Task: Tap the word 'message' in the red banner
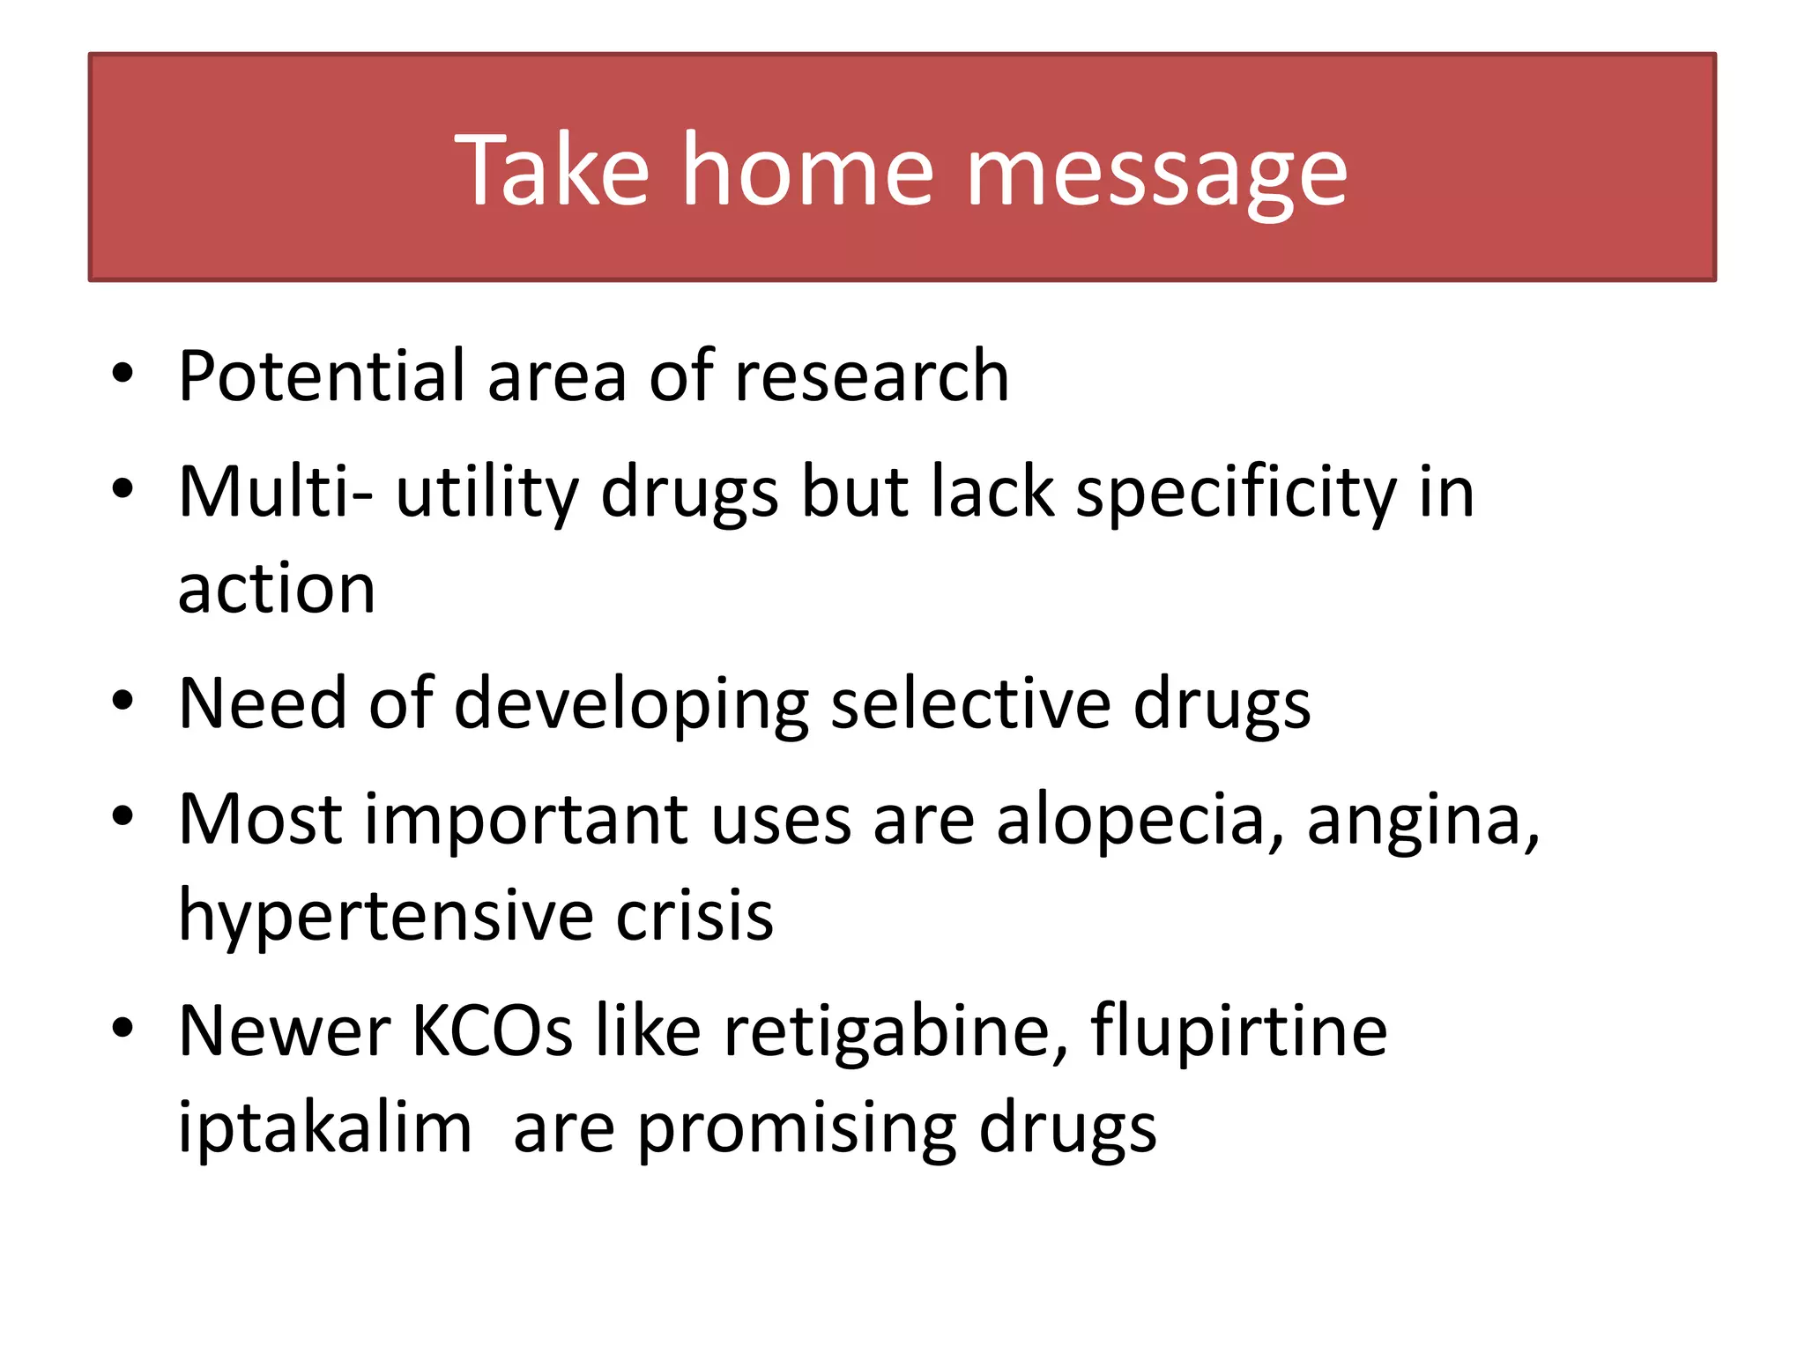click(x=1156, y=172)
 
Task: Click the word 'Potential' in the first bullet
click(x=322, y=376)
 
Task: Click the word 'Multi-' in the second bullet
click(x=275, y=492)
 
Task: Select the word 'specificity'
click(x=1236, y=494)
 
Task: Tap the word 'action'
click(x=277, y=589)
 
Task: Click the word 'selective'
click(x=970, y=703)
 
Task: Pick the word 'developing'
click(x=631, y=705)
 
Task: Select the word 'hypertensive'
click(x=385, y=917)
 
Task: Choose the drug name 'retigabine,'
click(x=895, y=1032)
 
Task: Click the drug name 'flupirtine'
click(x=1238, y=1032)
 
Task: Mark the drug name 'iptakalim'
click(x=324, y=1127)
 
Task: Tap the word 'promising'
click(x=797, y=1129)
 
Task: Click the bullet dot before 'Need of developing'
click(x=123, y=702)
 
